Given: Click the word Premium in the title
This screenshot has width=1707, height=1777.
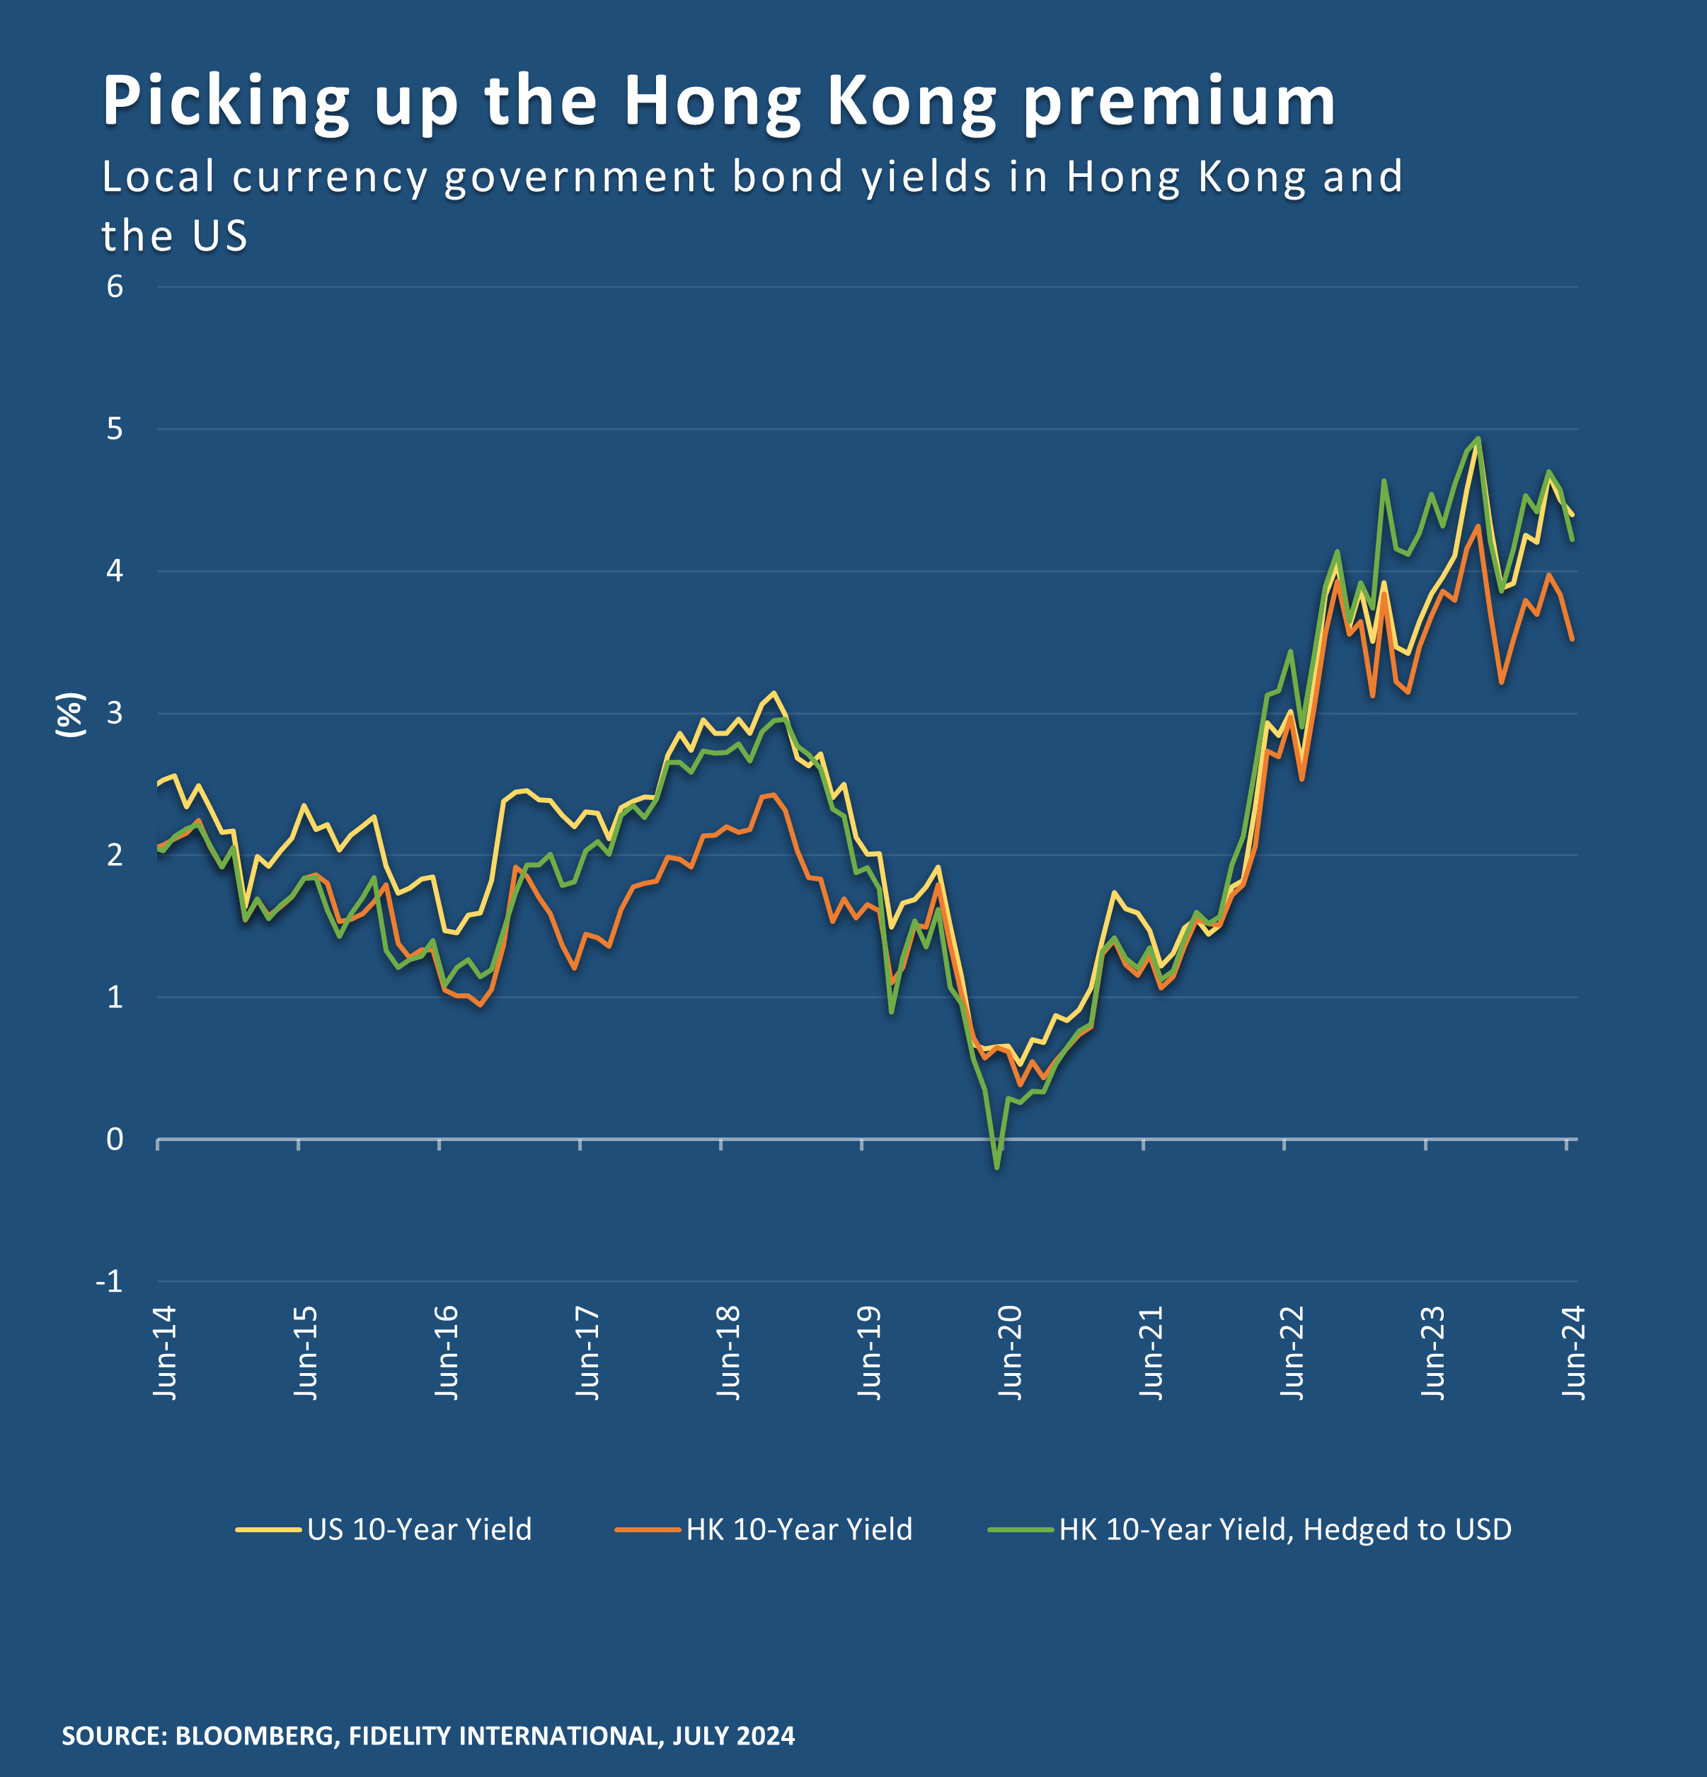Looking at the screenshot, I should pyautogui.click(x=1179, y=102).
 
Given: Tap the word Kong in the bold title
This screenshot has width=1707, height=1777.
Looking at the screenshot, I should pyautogui.click(x=912, y=102).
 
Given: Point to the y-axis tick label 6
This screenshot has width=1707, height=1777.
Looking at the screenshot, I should pyautogui.click(x=114, y=286).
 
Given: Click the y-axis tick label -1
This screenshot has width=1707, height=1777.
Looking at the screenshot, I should pyautogui.click(x=109, y=1281).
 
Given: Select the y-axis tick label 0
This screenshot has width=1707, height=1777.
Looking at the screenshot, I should pyautogui.click(x=114, y=1139).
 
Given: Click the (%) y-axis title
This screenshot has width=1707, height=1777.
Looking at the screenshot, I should pyautogui.click(x=70, y=714).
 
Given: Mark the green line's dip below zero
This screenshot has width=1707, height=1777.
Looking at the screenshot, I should pyautogui.click(x=996, y=1167).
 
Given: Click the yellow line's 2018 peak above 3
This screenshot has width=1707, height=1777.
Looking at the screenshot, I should pyautogui.click(x=773, y=693).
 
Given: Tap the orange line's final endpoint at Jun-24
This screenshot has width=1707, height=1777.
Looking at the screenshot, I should pyautogui.click(x=1571, y=639).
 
